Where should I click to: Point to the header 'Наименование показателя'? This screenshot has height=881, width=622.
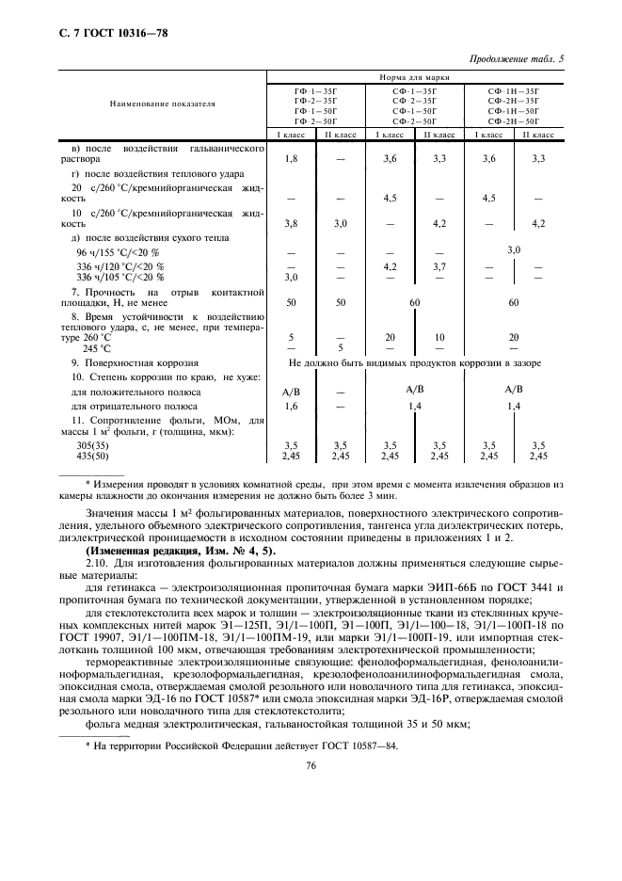click(161, 104)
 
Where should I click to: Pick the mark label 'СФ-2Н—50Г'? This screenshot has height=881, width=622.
click(513, 121)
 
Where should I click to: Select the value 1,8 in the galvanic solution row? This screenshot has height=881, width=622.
click(291, 159)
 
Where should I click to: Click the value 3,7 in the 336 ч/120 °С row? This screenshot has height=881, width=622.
click(439, 266)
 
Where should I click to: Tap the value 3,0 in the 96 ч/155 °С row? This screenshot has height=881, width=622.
click(514, 250)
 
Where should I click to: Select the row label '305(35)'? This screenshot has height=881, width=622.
click(77, 444)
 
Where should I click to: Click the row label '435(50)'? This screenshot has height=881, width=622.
click(77, 456)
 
